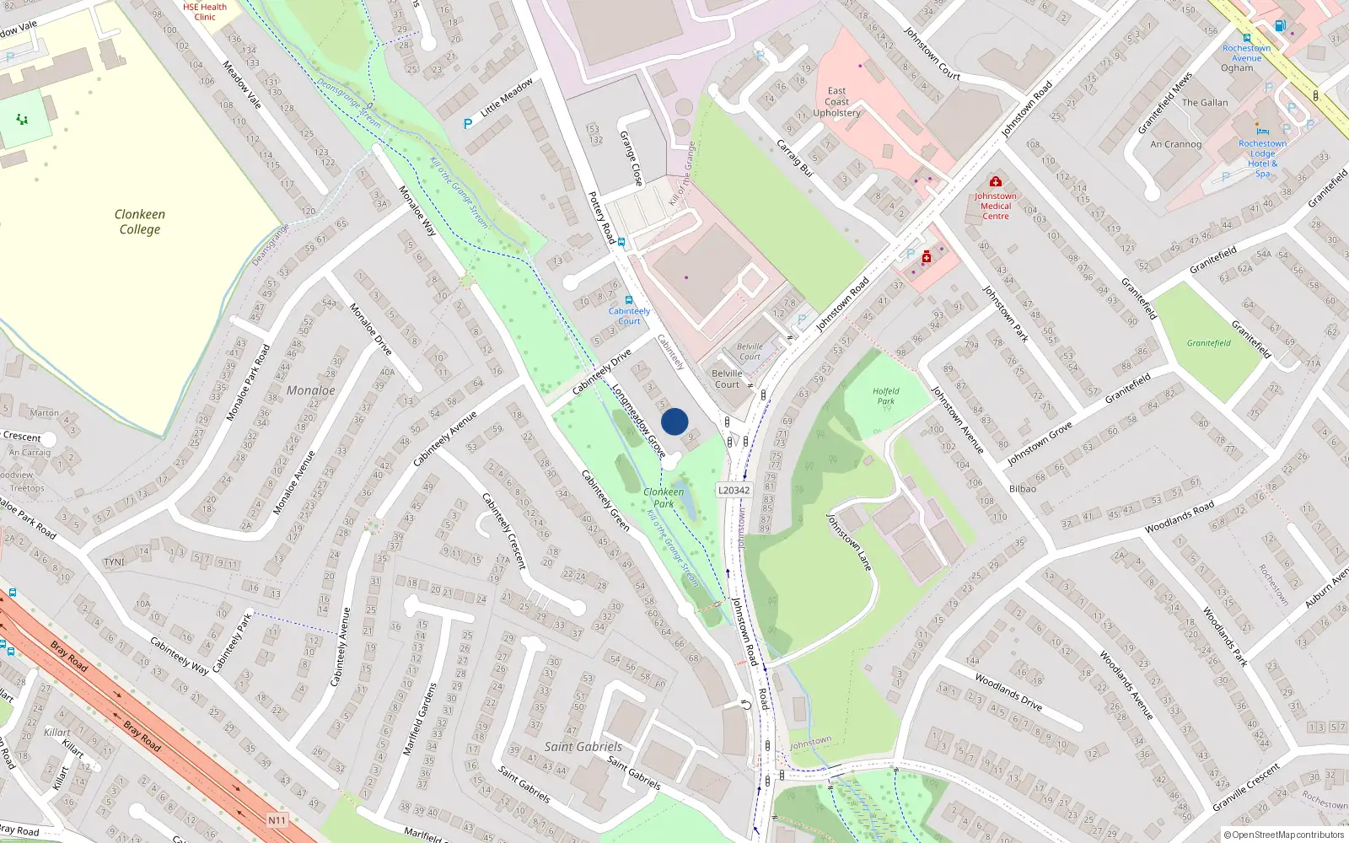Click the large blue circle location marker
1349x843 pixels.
pyautogui.click(x=674, y=421)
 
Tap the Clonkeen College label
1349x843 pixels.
pyautogui.click(x=140, y=222)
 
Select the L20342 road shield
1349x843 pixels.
pyautogui.click(x=734, y=490)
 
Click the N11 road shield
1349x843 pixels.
pyautogui.click(x=277, y=819)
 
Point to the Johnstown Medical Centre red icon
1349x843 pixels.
pyautogui.click(x=996, y=181)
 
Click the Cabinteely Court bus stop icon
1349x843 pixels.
pyautogui.click(x=628, y=299)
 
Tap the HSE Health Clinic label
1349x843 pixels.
pyautogui.click(x=205, y=12)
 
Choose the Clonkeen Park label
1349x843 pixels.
pyautogui.click(x=664, y=497)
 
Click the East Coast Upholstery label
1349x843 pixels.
pyautogui.click(x=836, y=101)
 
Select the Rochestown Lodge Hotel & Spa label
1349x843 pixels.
pyautogui.click(x=1262, y=158)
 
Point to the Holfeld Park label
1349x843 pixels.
pyautogui.click(x=885, y=396)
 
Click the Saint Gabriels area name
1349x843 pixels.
pyautogui.click(x=583, y=746)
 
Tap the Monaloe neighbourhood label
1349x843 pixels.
pyautogui.click(x=310, y=390)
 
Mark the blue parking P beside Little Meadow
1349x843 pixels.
pyautogui.click(x=468, y=124)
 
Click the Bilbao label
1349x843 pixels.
pyautogui.click(x=1022, y=489)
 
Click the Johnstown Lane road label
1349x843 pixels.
pyautogui.click(x=848, y=542)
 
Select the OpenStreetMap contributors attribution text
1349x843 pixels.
pyautogui.click(x=1287, y=835)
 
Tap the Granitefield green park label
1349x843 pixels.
pyautogui.click(x=1208, y=343)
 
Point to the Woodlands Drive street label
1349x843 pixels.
pyautogui.click(x=1008, y=691)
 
